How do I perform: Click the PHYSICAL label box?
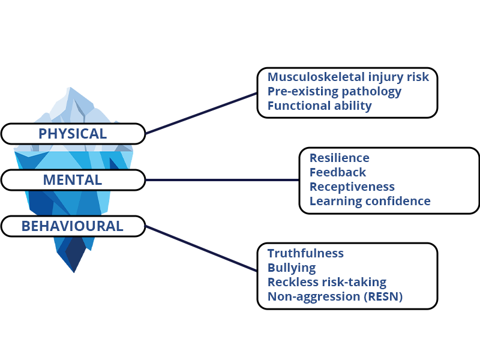(73, 134)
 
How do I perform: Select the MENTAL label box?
(73, 180)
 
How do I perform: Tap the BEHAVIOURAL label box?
(73, 226)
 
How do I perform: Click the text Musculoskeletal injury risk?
(348, 77)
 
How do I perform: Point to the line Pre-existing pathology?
(334, 92)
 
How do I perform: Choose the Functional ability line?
(320, 106)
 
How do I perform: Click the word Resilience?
(340, 158)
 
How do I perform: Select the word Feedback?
(338, 172)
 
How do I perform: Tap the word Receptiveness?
(352, 187)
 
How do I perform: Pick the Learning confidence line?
(370, 202)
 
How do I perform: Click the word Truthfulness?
(305, 253)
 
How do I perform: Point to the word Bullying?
(292, 268)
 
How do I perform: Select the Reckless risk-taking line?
(327, 283)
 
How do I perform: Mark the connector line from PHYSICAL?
(201, 113)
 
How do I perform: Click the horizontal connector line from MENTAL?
(222, 180)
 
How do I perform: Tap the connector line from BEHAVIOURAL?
(201, 248)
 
